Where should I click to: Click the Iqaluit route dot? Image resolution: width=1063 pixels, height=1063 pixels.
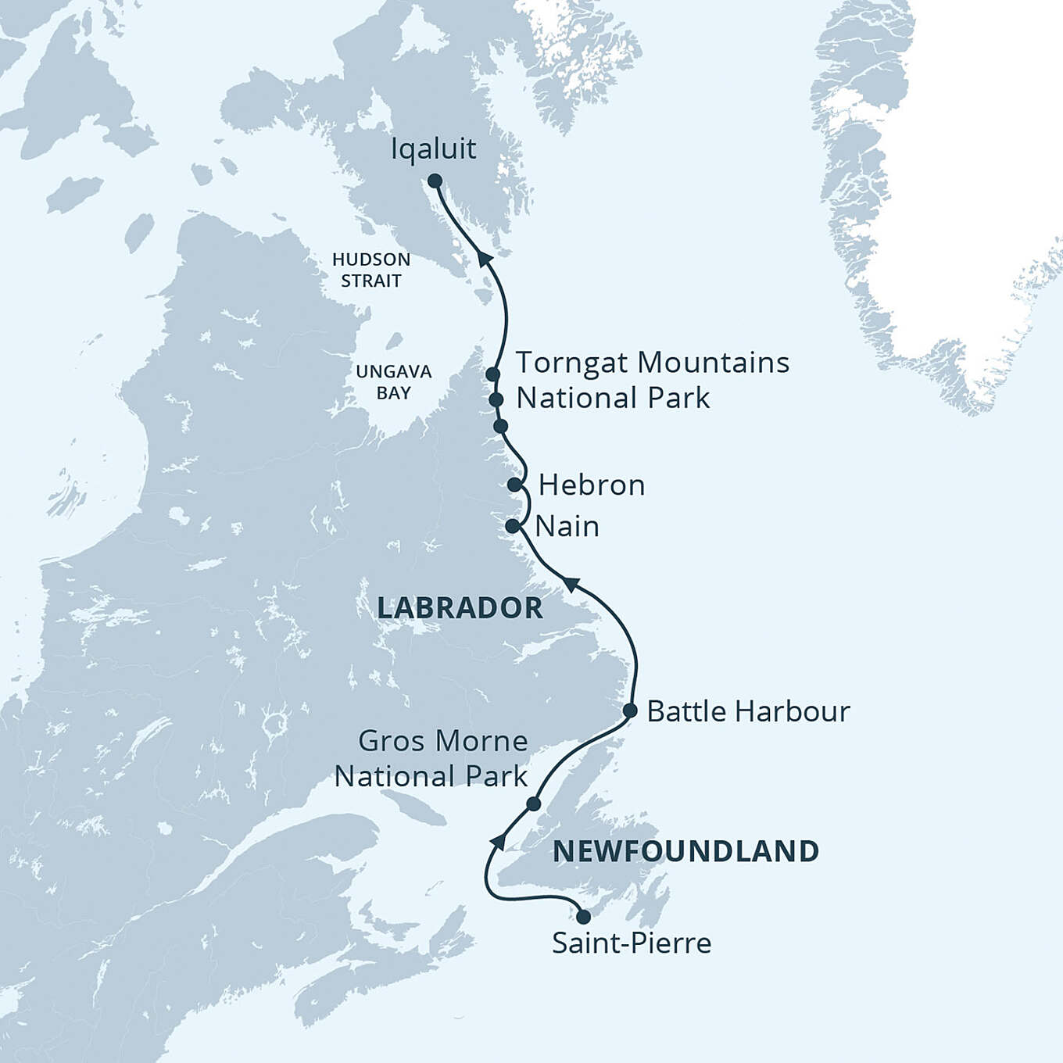coord(435,181)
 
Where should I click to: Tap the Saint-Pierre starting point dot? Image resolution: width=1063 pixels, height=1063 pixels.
coord(583,916)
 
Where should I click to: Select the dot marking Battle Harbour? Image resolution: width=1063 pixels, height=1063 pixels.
coord(630,710)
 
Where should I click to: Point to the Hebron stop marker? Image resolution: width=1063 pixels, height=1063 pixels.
coord(514,485)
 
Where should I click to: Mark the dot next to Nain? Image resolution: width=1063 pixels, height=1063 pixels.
coord(513,526)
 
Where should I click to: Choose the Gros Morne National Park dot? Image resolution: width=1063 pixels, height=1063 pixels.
coord(533,804)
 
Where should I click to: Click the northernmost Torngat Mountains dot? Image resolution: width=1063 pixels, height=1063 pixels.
coord(492,374)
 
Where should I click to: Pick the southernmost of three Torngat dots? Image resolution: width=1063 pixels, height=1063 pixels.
coord(501,426)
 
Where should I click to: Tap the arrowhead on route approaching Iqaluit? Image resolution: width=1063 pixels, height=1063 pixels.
coord(485,259)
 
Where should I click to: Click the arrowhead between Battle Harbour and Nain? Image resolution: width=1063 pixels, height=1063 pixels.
coord(571,584)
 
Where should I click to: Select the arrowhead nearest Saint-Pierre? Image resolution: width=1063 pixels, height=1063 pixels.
coord(497,840)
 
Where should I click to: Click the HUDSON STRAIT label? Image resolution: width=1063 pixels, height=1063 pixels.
coord(370,270)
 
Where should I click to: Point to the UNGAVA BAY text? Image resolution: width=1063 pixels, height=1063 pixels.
coord(393,382)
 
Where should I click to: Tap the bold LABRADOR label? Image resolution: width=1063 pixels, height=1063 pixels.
coord(460,608)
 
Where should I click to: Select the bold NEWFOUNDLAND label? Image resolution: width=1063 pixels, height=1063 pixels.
coord(685,851)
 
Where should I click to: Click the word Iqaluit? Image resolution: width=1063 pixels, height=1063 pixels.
coord(433,149)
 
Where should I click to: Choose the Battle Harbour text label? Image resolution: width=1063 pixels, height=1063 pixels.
coord(748,711)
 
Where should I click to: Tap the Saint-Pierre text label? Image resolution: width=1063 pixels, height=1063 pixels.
coord(632,943)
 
